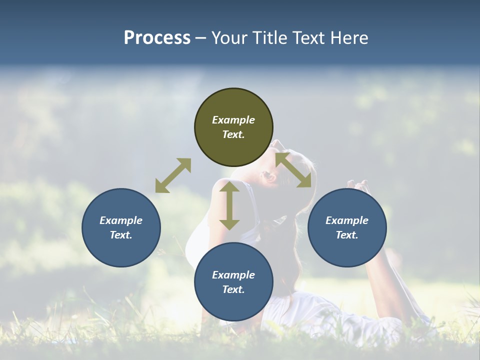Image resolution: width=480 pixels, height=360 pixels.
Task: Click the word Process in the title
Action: (157, 38)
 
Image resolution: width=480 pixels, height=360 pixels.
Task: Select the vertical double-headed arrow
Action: (229, 205)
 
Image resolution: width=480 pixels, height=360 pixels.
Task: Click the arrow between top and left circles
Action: (173, 175)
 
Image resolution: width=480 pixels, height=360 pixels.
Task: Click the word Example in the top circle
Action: (233, 120)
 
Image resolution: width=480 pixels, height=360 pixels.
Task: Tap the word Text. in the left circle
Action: (121, 235)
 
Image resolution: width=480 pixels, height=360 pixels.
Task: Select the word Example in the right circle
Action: (347, 220)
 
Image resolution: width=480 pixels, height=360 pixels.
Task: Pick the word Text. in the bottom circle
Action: (233, 289)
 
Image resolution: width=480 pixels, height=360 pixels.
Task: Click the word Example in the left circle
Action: (121, 220)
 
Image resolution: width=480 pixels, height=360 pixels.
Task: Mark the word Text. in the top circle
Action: (233, 134)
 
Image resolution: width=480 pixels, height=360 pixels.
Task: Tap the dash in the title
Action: (201, 38)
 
